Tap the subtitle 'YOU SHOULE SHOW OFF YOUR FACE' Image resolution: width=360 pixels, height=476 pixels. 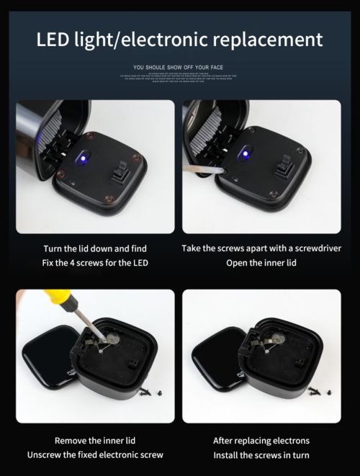click(180, 66)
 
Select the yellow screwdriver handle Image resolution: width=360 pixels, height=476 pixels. click(54, 297)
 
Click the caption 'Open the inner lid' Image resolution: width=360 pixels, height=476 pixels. click(261, 263)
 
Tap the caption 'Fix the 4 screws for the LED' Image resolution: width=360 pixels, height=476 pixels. click(95, 263)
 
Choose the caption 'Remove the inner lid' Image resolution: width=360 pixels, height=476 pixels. click(95, 440)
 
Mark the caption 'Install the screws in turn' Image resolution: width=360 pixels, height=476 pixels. click(261, 455)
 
